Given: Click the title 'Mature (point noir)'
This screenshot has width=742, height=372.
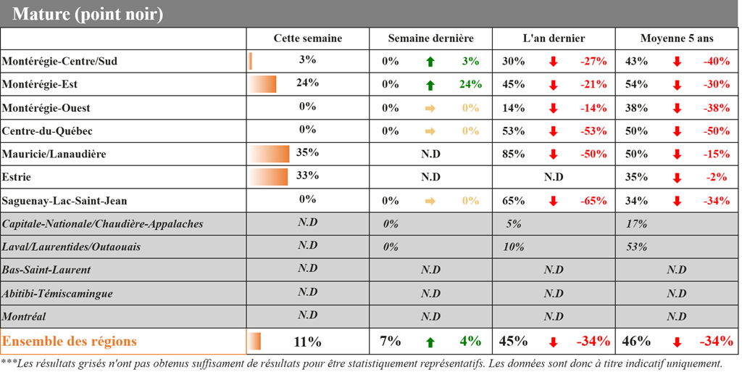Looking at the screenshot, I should pos(88,14).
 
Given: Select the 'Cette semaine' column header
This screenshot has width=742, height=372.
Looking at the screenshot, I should pos(307,38).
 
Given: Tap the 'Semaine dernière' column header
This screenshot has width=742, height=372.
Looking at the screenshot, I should pos(430,38).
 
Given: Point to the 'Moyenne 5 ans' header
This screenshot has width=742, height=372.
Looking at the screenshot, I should pos(677,38).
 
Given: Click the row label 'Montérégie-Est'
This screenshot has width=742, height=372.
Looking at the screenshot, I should pos(40,85).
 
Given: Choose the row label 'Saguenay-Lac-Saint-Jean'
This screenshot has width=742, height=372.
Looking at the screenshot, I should pos(65,201).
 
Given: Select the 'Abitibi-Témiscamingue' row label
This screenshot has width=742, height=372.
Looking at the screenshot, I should pos(57,294).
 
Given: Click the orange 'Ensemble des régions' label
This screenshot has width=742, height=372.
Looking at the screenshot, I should pos(70,341).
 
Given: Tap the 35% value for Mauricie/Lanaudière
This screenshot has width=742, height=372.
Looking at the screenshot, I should pos(307,153).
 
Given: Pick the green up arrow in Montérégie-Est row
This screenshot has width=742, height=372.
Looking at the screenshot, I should pos(430,85).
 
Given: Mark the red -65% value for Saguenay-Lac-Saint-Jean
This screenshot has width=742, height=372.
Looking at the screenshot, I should pos(593,201).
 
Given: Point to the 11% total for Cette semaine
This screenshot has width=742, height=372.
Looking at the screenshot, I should pos(307,342).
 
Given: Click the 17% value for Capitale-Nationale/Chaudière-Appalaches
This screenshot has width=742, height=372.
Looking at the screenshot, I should pos(636,224).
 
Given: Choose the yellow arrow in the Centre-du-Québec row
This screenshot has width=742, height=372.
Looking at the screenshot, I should pos(430,131).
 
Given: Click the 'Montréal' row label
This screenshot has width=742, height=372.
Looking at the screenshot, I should pos(24,317).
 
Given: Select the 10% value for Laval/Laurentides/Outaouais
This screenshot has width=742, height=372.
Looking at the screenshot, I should pos(514,247).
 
